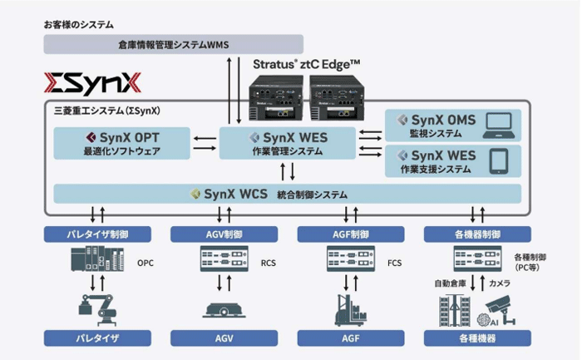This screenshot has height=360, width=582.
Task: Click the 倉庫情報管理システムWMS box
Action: point(173,43)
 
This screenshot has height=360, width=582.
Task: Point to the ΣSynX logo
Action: point(92,83)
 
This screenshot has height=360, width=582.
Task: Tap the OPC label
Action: point(145,264)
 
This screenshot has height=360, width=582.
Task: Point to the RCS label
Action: point(268,264)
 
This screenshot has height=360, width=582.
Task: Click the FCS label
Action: point(395,264)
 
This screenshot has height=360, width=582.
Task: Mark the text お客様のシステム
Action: point(79,25)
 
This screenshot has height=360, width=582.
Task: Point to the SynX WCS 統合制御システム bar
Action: point(287,195)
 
